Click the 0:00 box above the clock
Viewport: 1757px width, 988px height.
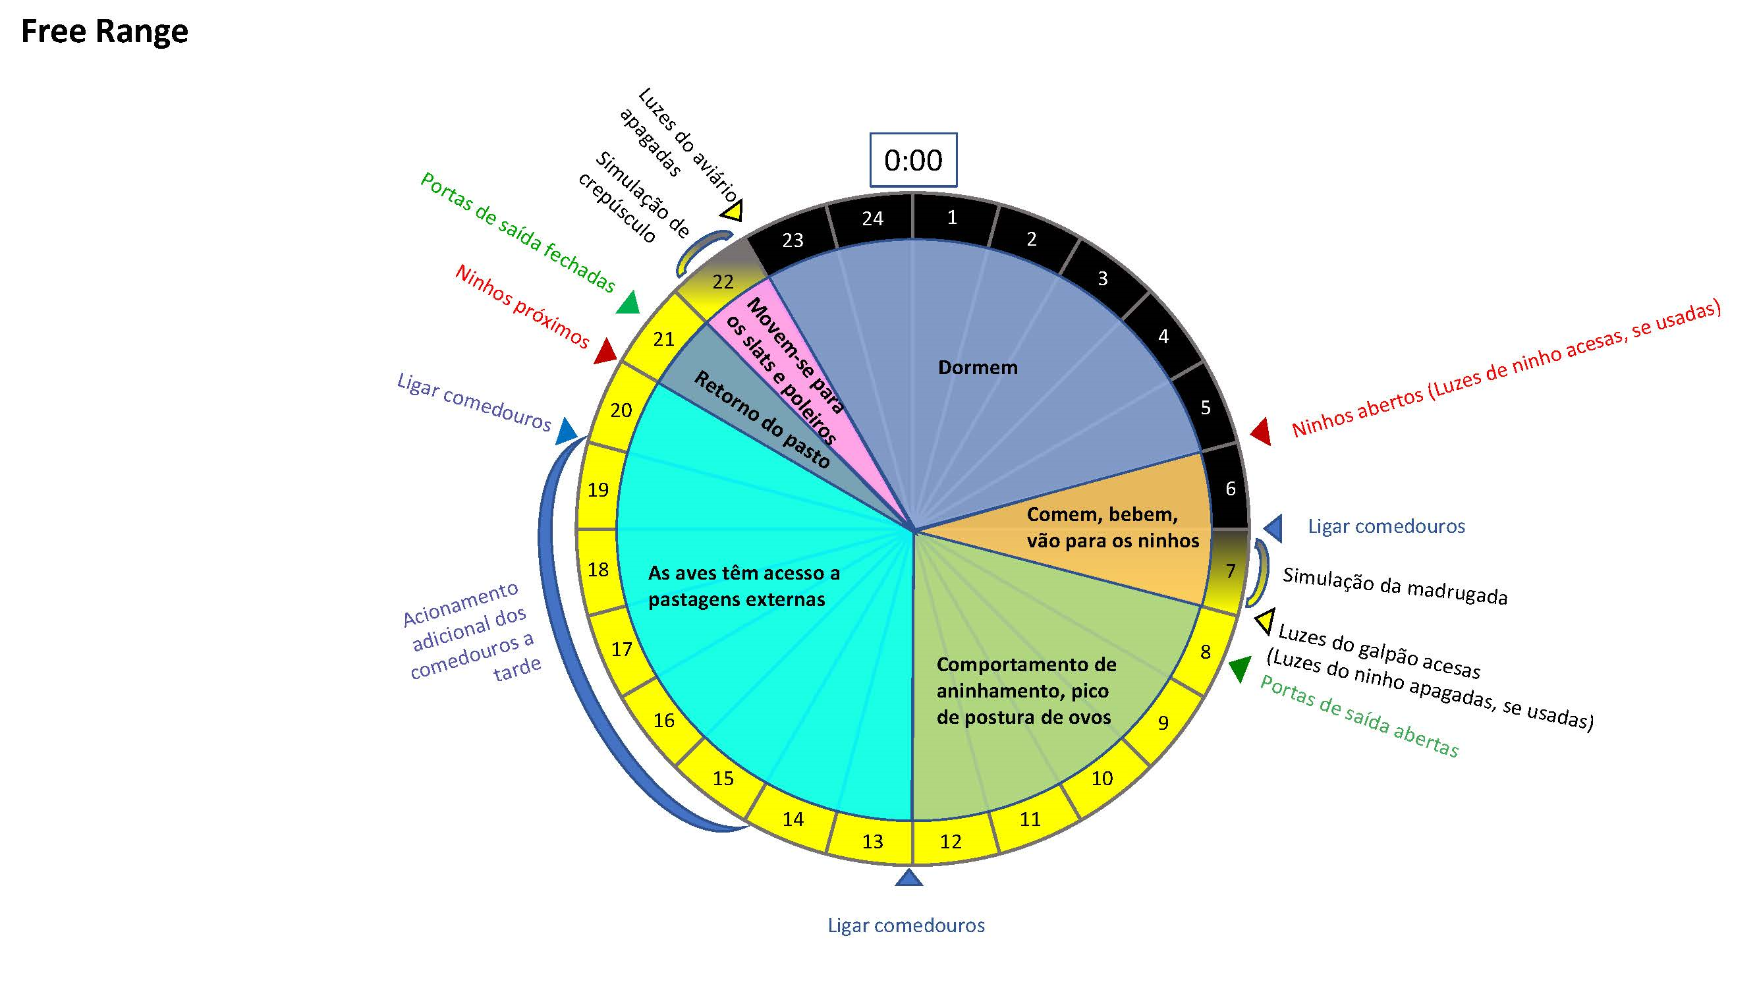pyautogui.click(x=912, y=159)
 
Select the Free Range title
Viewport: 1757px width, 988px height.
pyautogui.click(x=104, y=32)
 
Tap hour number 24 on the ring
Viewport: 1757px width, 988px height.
pyautogui.click(x=872, y=218)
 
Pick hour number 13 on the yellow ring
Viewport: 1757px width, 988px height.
pyautogui.click(x=872, y=841)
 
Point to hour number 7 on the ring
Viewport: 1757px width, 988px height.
pyautogui.click(x=1231, y=570)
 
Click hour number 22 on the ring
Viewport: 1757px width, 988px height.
pyautogui.click(x=722, y=282)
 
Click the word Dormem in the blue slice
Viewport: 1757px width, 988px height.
pyautogui.click(x=978, y=368)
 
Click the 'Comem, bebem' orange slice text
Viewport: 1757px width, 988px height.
pyautogui.click(x=1113, y=527)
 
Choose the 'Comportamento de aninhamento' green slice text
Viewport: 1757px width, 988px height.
pyautogui.click(x=1026, y=691)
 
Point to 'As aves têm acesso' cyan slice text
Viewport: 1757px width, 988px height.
pyautogui.click(x=744, y=586)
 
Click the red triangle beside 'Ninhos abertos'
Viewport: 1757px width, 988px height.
pyautogui.click(x=1261, y=431)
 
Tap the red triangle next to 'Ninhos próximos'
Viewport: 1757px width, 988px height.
pyautogui.click(x=605, y=351)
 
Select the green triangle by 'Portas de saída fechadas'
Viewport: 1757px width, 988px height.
pyautogui.click(x=628, y=303)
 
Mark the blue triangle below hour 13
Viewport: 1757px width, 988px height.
pyautogui.click(x=908, y=877)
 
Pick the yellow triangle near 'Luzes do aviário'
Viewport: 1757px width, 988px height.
pyautogui.click(x=733, y=211)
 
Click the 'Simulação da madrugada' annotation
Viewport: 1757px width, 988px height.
pyautogui.click(x=1395, y=586)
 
